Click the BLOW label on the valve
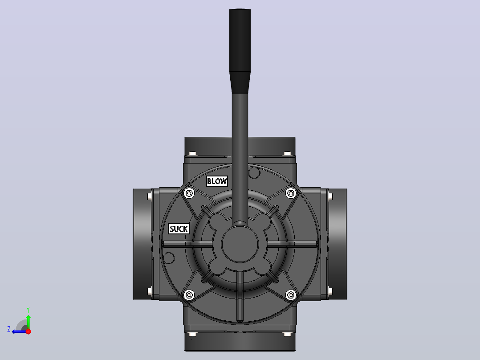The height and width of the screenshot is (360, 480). (217, 181)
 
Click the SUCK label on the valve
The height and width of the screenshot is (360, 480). (179, 229)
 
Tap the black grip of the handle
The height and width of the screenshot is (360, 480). (240, 51)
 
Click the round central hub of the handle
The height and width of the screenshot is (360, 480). (240, 244)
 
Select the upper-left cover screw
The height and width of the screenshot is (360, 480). (189, 193)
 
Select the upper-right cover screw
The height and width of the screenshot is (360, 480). (291, 193)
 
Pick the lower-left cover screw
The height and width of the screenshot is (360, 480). (189, 295)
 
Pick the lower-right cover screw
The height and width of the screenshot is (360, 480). (291, 295)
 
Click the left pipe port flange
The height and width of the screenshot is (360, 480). (142, 244)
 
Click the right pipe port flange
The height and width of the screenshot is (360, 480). (338, 244)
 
